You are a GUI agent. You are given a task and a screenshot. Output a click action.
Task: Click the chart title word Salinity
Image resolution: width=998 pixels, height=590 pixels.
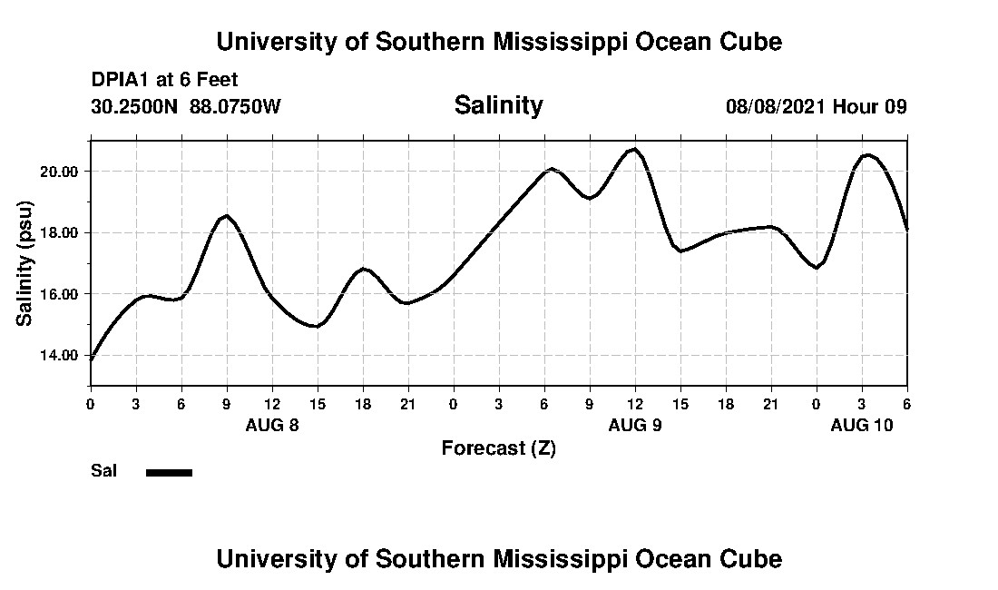click(498, 105)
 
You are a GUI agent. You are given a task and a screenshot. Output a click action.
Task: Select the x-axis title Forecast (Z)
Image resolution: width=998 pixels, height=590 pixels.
click(498, 447)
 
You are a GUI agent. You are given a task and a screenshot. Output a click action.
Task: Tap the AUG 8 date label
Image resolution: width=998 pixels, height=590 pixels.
click(272, 425)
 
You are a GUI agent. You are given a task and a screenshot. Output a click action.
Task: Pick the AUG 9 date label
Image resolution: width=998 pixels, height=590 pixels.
click(635, 425)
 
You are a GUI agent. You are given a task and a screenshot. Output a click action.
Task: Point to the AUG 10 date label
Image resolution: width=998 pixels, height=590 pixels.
click(862, 425)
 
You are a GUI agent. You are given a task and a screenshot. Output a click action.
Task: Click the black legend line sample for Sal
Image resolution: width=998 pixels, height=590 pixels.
click(170, 472)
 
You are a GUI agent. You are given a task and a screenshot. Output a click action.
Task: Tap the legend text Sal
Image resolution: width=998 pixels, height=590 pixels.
click(103, 471)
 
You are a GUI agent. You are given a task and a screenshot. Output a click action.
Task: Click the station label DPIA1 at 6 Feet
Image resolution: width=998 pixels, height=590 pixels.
click(164, 80)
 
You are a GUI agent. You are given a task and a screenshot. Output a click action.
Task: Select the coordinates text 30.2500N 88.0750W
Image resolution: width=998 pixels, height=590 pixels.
click(186, 106)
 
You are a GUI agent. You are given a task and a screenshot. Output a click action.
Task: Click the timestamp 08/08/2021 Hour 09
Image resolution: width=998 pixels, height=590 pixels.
click(817, 106)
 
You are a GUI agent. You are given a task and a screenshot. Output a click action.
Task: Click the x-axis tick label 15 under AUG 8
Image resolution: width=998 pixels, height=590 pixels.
click(318, 404)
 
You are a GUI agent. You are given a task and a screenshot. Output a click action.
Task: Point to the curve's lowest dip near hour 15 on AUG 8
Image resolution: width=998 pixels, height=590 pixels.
click(316, 326)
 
